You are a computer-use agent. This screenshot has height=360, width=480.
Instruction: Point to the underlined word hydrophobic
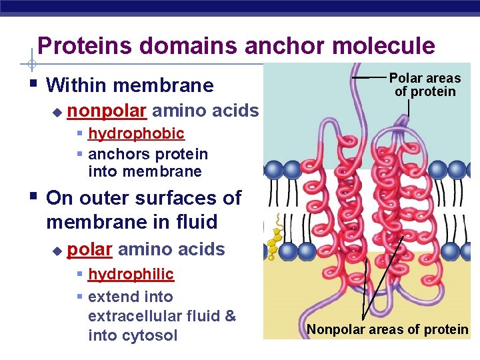coord(136,133)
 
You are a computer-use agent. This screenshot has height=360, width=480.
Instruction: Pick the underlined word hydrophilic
coord(131,274)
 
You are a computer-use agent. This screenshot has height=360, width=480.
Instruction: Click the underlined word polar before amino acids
coord(89,249)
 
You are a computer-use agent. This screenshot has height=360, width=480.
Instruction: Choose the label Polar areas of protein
coord(425,85)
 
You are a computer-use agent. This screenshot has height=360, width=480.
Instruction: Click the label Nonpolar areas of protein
coord(387,329)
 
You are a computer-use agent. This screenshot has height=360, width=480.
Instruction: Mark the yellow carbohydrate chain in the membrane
coord(274,237)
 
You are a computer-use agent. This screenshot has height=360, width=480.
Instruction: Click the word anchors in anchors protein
coord(115,154)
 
